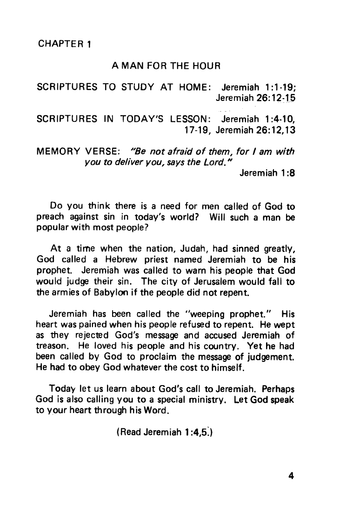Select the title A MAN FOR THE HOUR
tap(166, 67)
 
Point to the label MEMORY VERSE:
tap(79, 152)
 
